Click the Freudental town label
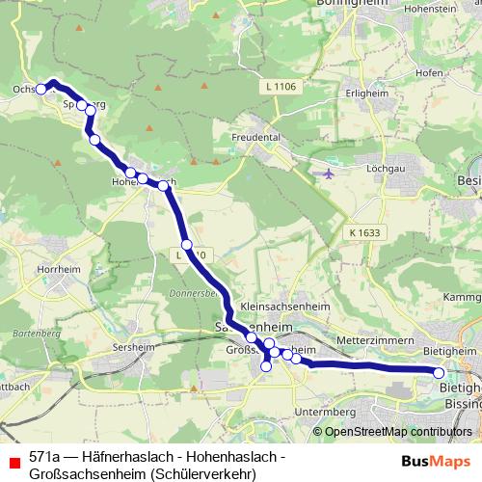[x=256, y=138]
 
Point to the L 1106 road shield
[x=279, y=88]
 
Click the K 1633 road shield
[x=366, y=232]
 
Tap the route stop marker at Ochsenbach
[x=41, y=90]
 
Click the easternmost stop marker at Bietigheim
[x=439, y=372]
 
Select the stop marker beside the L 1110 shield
[x=187, y=245]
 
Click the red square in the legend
[x=14, y=461]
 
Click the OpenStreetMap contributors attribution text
[x=398, y=431]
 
